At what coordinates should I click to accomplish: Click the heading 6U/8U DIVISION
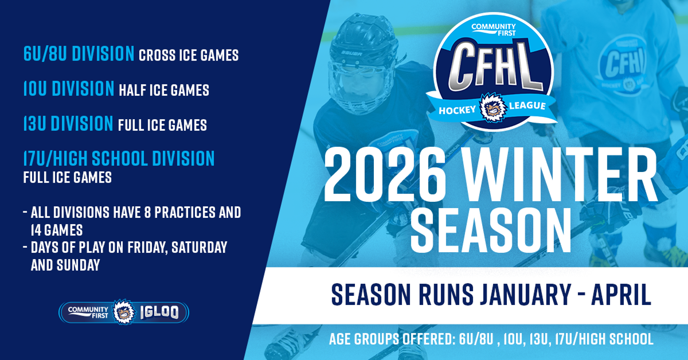(78, 54)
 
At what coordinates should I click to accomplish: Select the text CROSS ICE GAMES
(189, 55)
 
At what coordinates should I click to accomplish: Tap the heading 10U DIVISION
(69, 89)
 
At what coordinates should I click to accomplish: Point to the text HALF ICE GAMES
(164, 90)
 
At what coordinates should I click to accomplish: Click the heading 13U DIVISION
(68, 124)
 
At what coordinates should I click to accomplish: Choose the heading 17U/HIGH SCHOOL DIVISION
(119, 159)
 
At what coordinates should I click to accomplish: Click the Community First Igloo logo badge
(124, 312)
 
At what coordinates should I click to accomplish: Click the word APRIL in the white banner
(621, 295)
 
